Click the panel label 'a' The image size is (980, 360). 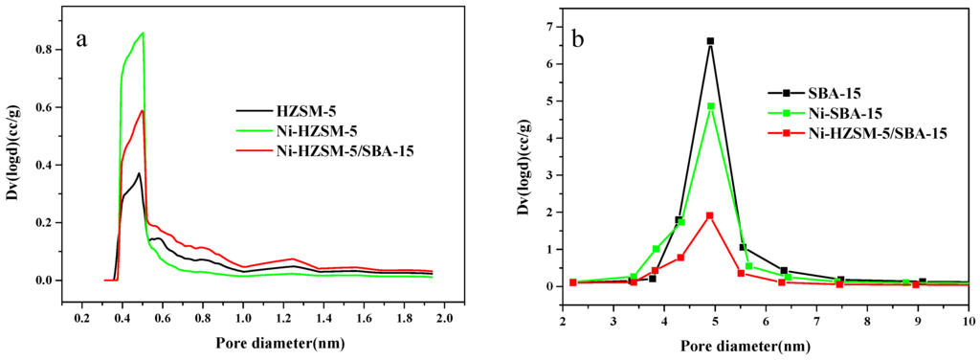pyautogui.click(x=83, y=43)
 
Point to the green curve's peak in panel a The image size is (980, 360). pyautogui.click(x=143, y=34)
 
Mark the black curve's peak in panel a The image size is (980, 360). pyautogui.click(x=139, y=173)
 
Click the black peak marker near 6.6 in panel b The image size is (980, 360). pyautogui.click(x=710, y=41)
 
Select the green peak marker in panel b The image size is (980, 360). pyautogui.click(x=710, y=106)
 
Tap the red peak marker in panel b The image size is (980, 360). pyautogui.click(x=710, y=215)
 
